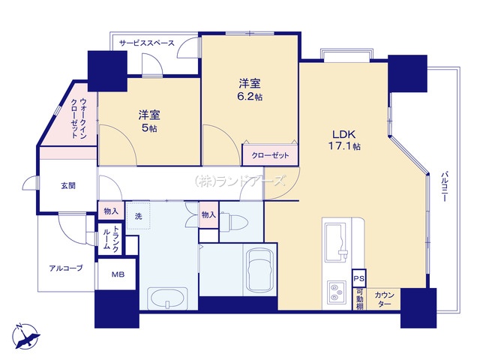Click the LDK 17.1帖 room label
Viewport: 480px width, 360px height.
pyautogui.click(x=344, y=140)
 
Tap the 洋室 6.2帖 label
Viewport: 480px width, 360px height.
pyautogui.click(x=250, y=90)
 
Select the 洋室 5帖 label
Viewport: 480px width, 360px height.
pyautogui.click(x=149, y=121)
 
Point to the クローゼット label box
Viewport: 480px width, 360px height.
pyautogui.click(x=270, y=155)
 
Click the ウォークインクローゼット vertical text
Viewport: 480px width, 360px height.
pyautogui.click(x=79, y=118)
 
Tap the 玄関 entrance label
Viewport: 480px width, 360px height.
pyautogui.click(x=68, y=185)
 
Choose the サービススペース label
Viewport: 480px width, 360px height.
pyautogui.click(x=147, y=43)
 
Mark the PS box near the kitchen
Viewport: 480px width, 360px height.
pyautogui.click(x=358, y=278)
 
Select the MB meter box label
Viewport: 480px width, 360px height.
pyautogui.click(x=118, y=274)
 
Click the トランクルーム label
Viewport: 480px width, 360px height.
pyautogui.click(x=110, y=238)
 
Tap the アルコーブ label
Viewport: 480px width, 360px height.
pyautogui.click(x=66, y=268)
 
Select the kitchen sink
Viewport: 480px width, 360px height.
pyautogui.click(x=336, y=242)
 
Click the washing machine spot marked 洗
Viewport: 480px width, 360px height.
pyautogui.click(x=138, y=216)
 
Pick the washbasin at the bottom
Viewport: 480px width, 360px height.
pyautogui.click(x=167, y=298)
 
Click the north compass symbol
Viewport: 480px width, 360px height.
pyautogui.click(x=25, y=337)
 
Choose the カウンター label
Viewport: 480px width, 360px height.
pyautogui.click(x=384, y=299)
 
